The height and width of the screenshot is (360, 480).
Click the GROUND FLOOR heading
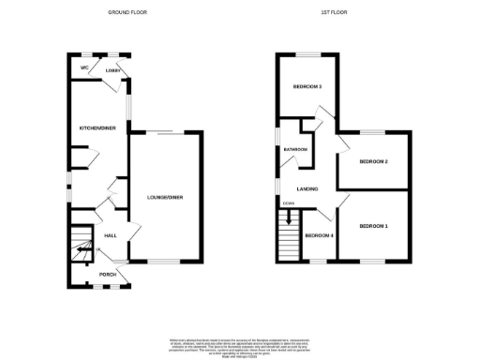(127, 13)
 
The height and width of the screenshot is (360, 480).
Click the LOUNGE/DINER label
(164, 197)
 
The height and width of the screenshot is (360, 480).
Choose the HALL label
(109, 235)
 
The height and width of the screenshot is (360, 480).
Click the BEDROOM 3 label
(307, 88)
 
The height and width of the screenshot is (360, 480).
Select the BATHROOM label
(296, 148)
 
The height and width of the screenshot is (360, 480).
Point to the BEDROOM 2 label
(374, 161)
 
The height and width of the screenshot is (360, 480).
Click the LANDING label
(307, 189)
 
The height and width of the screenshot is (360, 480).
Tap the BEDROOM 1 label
(374, 227)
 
